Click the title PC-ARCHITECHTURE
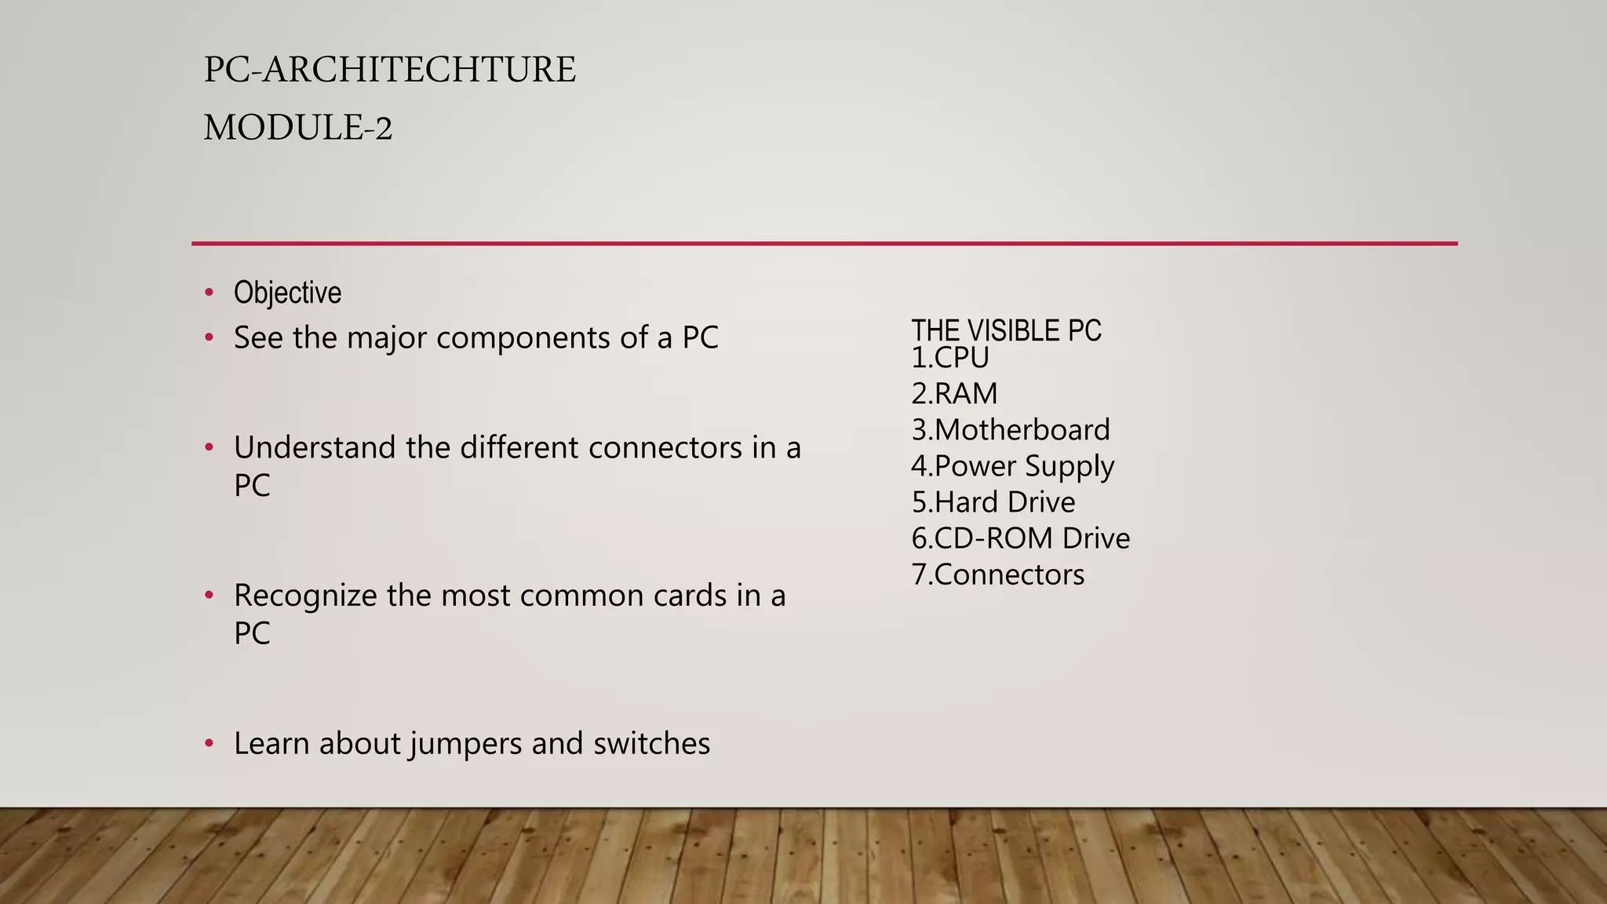coord(389,70)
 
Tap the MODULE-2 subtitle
coord(297,128)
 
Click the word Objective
coord(287,293)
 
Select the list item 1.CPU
coord(949,359)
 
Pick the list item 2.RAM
coord(954,394)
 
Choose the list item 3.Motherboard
coord(1011,430)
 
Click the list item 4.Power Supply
coord(1012,466)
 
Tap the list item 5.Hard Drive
coord(993,502)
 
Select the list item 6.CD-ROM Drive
coord(1020,538)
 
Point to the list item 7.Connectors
coord(998,574)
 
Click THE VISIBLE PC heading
coord(1006,331)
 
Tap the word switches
coord(651,744)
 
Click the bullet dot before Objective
coord(209,293)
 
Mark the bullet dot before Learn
coord(209,744)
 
